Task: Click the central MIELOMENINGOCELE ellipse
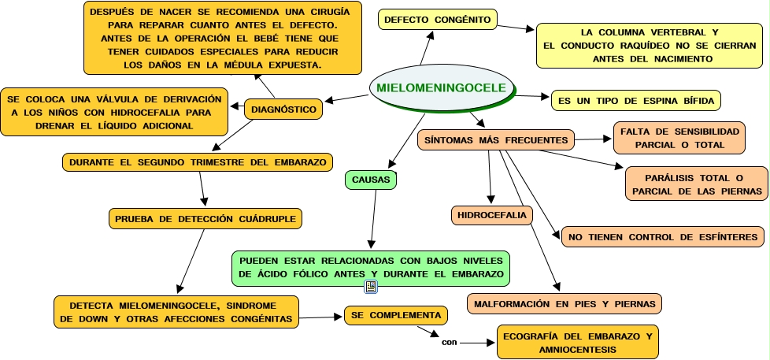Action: coord(441,87)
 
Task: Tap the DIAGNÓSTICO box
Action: coord(283,109)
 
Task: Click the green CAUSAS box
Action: coord(371,180)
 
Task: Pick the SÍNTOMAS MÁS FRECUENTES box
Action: coord(496,140)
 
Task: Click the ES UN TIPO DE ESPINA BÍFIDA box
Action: coord(635,102)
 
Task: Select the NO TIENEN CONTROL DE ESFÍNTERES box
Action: coord(662,237)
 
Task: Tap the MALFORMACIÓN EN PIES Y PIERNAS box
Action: coord(564,302)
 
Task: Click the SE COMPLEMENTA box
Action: coord(396,315)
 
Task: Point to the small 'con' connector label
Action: coord(449,343)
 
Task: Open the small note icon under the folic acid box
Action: coord(371,287)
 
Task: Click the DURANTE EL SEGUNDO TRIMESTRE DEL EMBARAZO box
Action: coord(197,161)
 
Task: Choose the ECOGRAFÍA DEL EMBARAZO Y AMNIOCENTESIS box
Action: coord(577,343)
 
